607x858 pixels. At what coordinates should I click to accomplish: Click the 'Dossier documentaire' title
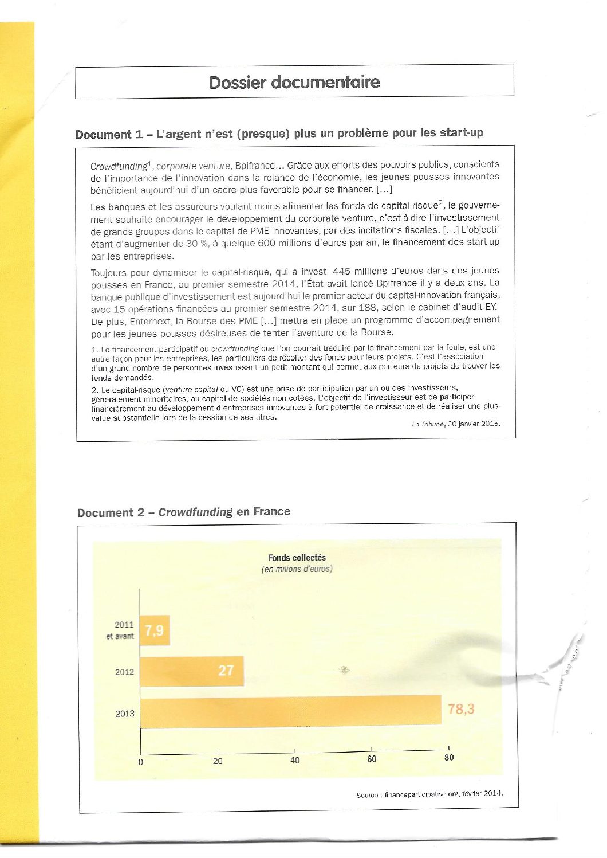(294, 82)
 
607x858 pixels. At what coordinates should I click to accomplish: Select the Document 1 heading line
(279, 134)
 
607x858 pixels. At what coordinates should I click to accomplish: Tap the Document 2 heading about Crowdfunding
(184, 512)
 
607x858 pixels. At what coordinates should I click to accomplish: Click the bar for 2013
(290, 712)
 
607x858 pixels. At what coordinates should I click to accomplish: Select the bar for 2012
(192, 671)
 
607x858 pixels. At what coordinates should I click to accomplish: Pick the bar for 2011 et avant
(155, 630)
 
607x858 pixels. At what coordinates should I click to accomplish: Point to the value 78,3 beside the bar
(461, 709)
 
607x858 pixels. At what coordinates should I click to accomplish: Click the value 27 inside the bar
(226, 670)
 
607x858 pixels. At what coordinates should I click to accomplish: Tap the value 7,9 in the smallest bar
(155, 630)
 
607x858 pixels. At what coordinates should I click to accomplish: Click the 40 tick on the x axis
(295, 760)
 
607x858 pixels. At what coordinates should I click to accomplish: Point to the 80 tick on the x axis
(449, 758)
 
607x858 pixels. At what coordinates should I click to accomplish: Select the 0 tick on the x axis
(141, 762)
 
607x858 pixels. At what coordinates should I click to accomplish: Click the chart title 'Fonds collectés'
(297, 558)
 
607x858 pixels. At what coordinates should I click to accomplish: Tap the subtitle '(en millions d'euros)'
(297, 569)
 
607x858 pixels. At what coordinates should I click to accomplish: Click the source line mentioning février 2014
(429, 794)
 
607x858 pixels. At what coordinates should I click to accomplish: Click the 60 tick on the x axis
(372, 759)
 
